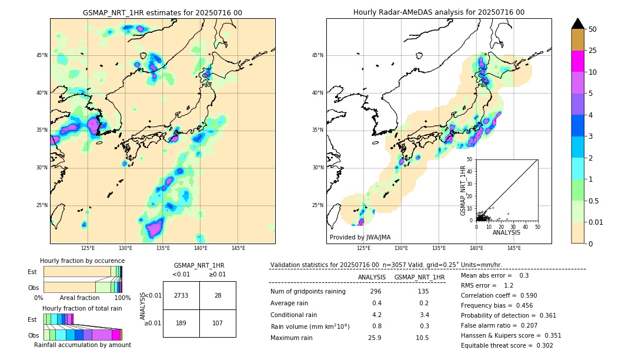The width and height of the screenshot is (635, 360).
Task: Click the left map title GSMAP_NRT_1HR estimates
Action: click(162, 12)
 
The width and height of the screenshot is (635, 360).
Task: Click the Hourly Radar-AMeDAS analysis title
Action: click(439, 12)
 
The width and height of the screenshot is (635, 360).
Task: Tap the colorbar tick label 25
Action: click(593, 51)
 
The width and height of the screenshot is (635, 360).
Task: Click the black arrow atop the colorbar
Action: click(578, 24)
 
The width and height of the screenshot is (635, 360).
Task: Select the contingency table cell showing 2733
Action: click(181, 295)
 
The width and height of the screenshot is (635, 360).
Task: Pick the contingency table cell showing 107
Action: click(218, 323)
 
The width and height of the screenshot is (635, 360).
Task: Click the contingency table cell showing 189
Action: click(181, 323)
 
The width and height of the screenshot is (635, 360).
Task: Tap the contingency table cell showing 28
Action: click(218, 295)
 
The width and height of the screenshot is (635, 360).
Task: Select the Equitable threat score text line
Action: click(507, 345)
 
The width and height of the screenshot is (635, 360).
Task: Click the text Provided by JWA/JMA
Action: click(360, 237)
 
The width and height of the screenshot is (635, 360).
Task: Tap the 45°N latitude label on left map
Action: click(42, 55)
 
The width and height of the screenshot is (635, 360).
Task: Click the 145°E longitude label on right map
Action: click(514, 248)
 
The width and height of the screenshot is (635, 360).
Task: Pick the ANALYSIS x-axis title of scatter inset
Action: click(506, 232)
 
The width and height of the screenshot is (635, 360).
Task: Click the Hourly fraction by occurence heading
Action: click(82, 261)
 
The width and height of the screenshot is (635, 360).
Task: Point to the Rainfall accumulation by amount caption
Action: click(82, 345)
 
